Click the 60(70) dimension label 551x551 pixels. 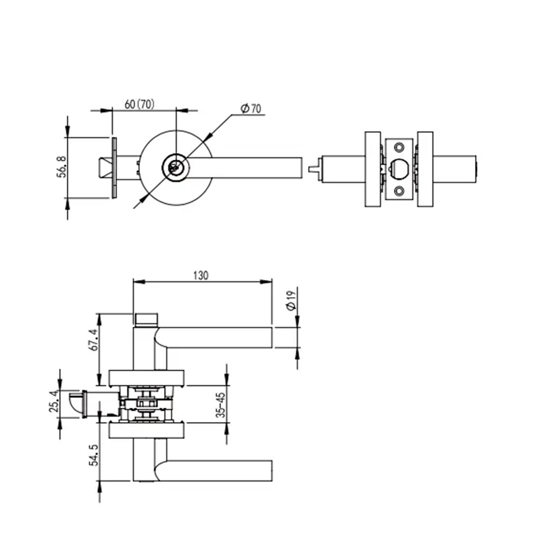pyautogui.click(x=139, y=104)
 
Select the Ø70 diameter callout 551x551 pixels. pyautogui.click(x=251, y=109)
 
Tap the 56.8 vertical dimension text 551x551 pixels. pyautogui.click(x=62, y=167)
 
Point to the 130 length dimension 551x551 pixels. pyautogui.click(x=202, y=275)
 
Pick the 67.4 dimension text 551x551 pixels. pyautogui.click(x=93, y=340)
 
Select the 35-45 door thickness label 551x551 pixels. pyautogui.click(x=221, y=405)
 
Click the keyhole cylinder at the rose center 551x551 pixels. pyautogui.click(x=175, y=167)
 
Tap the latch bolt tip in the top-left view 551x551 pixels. pyautogui.click(x=103, y=168)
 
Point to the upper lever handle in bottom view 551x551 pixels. pyautogui.click(x=220, y=337)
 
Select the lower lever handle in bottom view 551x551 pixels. pyautogui.click(x=220, y=470)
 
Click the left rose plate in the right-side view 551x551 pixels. pyautogui.click(x=372, y=169)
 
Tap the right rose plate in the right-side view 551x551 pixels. pyautogui.click(x=425, y=169)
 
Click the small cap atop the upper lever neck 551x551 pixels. pyautogui.click(x=146, y=319)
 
